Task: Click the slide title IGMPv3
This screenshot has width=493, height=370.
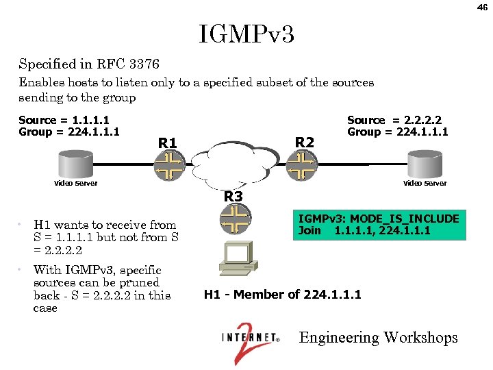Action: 246,34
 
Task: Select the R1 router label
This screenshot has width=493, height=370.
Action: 168,143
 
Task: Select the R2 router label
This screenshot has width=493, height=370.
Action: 304,142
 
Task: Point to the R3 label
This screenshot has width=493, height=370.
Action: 234,197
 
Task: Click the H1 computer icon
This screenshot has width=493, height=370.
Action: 235,262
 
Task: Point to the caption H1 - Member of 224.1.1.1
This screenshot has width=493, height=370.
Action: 282,295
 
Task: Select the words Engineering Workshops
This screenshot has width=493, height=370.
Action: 379,338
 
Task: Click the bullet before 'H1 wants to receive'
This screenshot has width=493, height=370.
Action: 23,225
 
